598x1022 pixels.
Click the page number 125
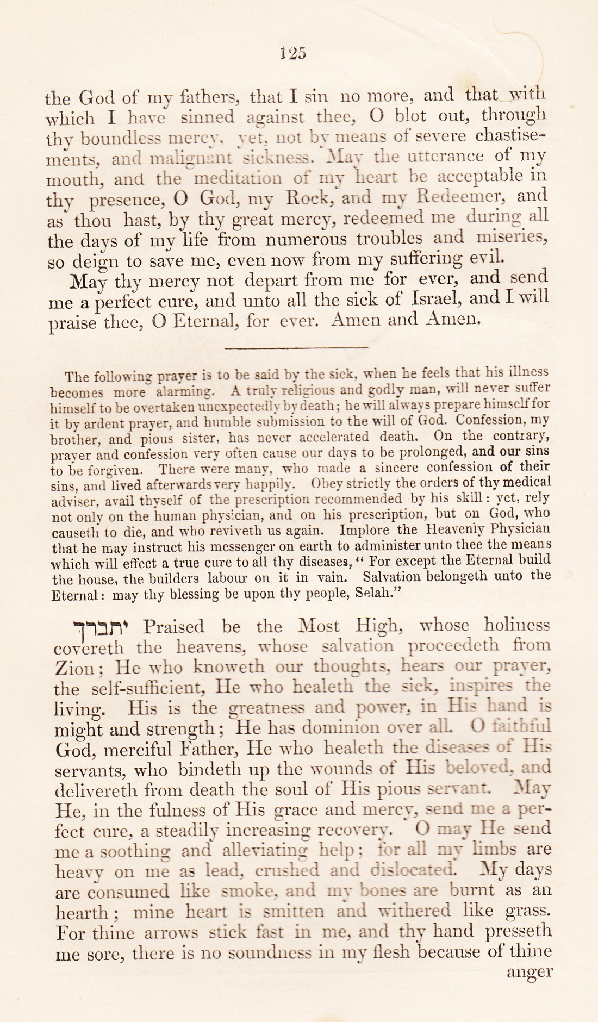[293, 53]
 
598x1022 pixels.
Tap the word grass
[528, 911]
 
